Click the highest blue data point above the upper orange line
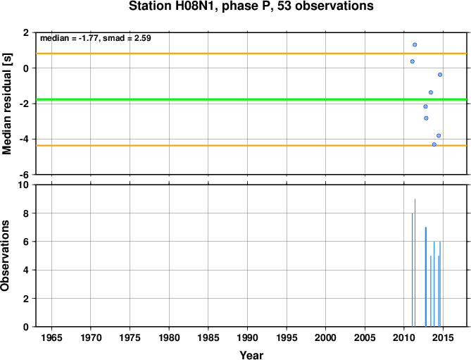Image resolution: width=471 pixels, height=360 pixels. pyautogui.click(x=415, y=45)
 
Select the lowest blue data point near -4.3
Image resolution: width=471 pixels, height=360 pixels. pyautogui.click(x=434, y=144)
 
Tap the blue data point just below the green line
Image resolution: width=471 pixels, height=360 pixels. pyautogui.click(x=425, y=106)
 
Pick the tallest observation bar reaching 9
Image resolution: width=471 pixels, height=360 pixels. pyautogui.click(x=415, y=263)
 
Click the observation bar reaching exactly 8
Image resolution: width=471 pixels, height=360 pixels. pyautogui.click(x=412, y=270)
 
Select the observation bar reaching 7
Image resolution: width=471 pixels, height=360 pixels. pyautogui.click(x=426, y=277)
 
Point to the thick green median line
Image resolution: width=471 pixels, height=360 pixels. pyautogui.click(x=251, y=99)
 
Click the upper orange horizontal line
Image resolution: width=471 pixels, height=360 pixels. pyautogui.click(x=251, y=54)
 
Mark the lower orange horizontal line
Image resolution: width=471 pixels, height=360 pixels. pyautogui.click(x=251, y=145)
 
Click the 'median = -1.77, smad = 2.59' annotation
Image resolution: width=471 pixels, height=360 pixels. pyautogui.click(x=96, y=38)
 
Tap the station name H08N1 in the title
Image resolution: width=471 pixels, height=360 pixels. pyautogui.click(x=191, y=6)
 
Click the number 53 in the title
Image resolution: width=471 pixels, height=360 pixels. pyautogui.click(x=283, y=6)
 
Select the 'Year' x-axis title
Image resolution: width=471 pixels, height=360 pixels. pyautogui.click(x=251, y=355)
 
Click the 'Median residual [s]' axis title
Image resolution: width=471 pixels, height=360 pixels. pyautogui.click(x=6, y=104)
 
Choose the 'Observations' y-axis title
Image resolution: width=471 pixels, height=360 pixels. pyautogui.click(x=5, y=256)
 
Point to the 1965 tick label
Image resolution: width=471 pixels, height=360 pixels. pyautogui.click(x=51, y=337)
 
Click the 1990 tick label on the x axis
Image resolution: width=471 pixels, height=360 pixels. pyautogui.click(x=247, y=337)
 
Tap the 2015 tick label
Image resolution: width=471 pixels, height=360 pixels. pyautogui.click(x=443, y=337)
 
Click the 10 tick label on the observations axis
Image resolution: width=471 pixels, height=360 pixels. pyautogui.click(x=23, y=185)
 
